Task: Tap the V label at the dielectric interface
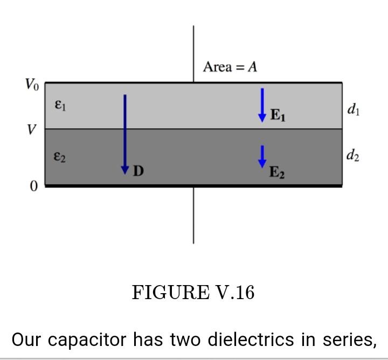click(32, 130)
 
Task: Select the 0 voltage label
click(33, 186)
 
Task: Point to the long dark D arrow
click(125, 132)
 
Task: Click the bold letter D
click(138, 172)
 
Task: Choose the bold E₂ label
click(277, 173)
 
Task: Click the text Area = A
click(230, 67)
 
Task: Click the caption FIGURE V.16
click(193, 293)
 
